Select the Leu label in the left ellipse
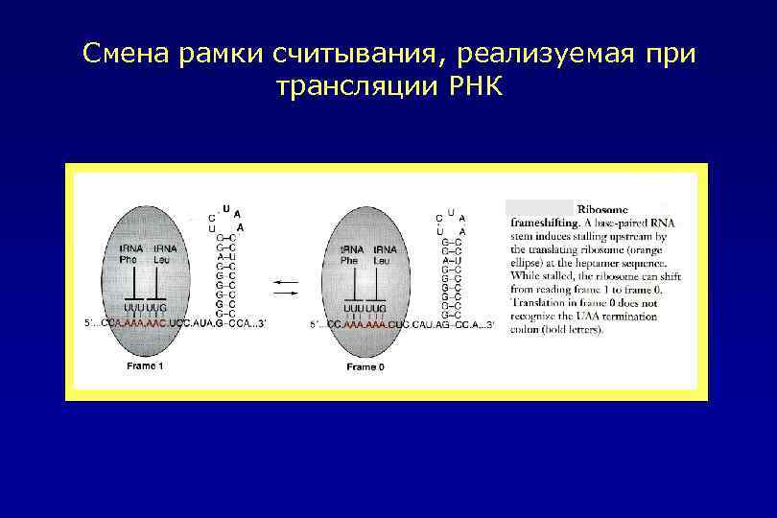(164, 260)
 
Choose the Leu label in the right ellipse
(382, 260)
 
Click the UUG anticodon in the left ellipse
(157, 307)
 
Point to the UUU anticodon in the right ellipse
(353, 307)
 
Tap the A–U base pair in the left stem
(226, 256)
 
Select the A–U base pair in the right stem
(452, 260)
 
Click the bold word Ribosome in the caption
(602, 208)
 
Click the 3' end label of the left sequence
(260, 324)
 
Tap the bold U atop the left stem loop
(226, 207)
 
